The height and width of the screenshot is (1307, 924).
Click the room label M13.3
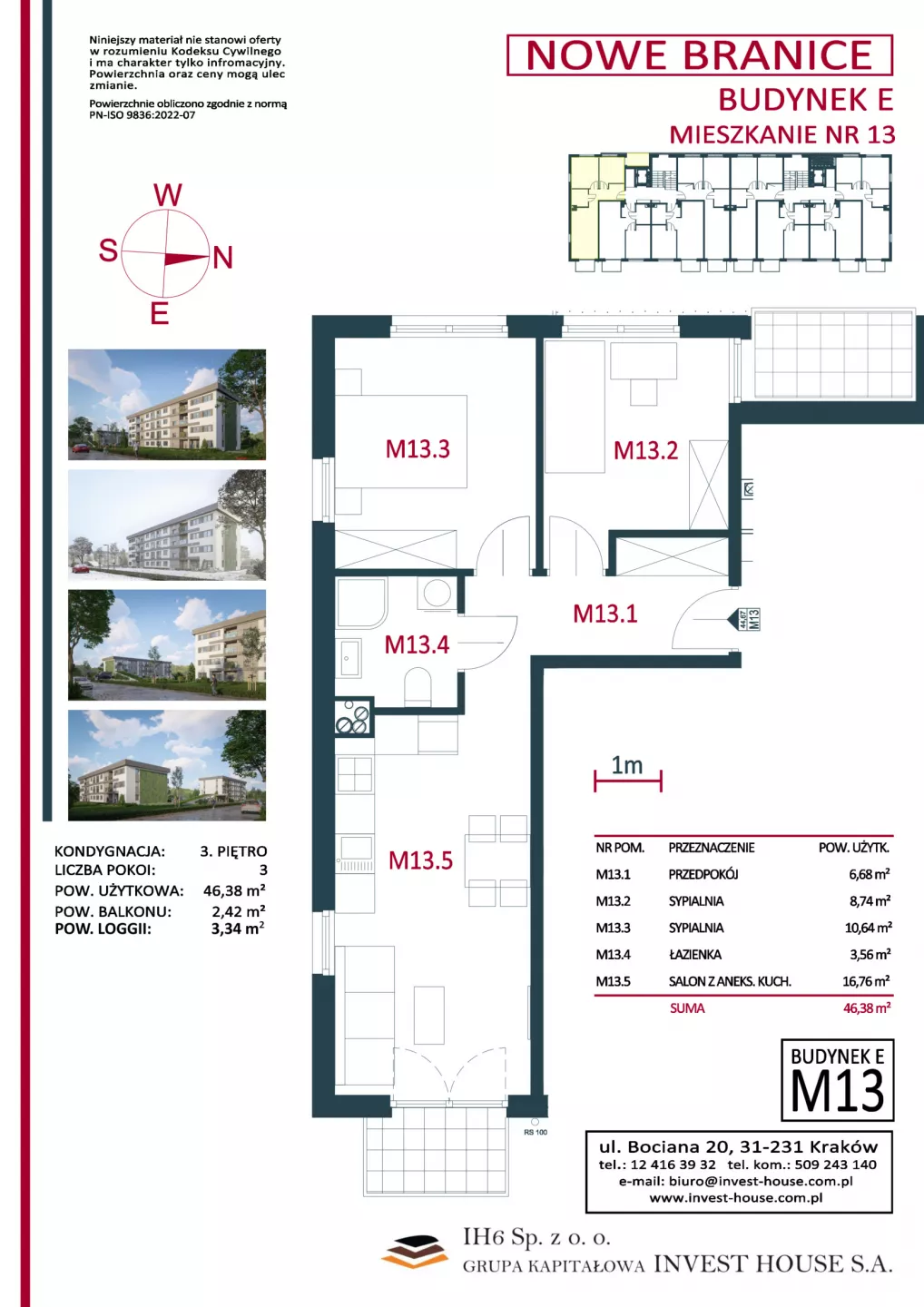418,449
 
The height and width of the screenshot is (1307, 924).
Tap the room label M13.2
645,450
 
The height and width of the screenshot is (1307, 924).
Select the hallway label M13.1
605,614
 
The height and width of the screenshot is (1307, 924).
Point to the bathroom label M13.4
418,644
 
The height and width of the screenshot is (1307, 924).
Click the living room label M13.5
420,860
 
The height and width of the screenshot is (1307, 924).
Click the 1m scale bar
628,781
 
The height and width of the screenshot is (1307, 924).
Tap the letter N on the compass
223,258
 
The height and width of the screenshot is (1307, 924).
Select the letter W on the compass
168,195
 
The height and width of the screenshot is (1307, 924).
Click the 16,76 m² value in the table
866,981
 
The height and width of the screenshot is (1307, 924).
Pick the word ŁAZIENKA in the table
694,955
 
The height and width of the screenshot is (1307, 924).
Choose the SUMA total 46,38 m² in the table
867,1007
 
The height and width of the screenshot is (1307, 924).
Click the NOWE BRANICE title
700,55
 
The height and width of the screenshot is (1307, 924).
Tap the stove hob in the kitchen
353,717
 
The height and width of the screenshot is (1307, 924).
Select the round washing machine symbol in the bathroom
437,594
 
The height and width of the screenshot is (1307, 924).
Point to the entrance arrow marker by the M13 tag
732,618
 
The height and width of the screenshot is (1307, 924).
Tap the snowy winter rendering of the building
167,525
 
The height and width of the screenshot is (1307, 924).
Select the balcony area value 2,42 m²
238,911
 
